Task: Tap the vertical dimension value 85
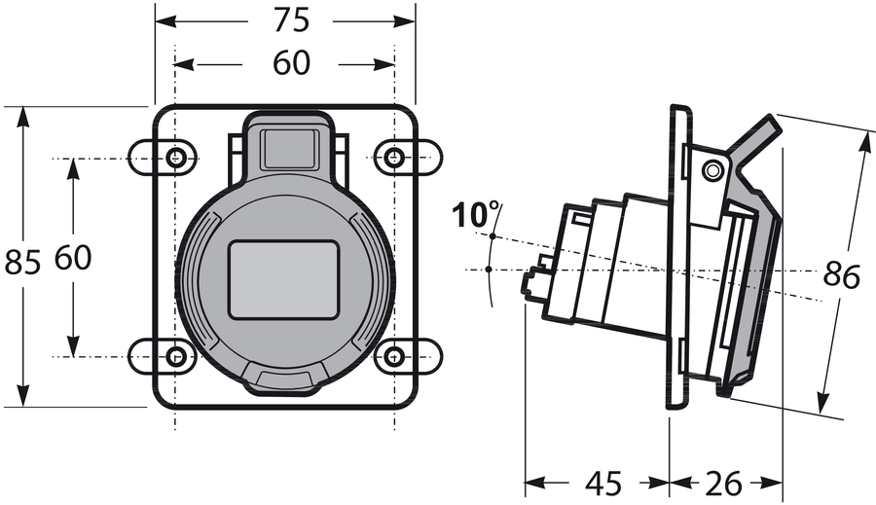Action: click(22, 262)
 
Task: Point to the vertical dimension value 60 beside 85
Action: click(73, 258)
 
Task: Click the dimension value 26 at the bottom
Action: click(725, 483)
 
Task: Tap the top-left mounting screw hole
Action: click(176, 158)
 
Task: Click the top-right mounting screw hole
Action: click(394, 158)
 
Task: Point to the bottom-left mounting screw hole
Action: click(176, 356)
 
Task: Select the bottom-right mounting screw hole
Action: click(394, 356)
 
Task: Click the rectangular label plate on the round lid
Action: click(283, 280)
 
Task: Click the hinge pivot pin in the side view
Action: click(713, 171)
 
